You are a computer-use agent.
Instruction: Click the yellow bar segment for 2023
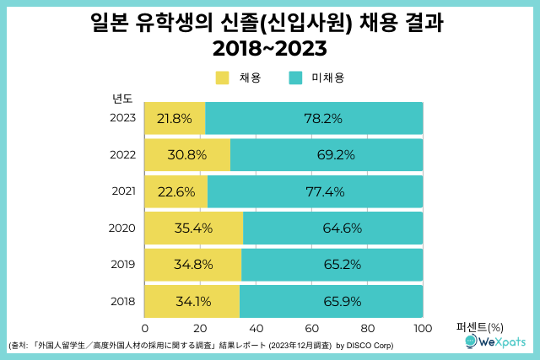click(x=175, y=119)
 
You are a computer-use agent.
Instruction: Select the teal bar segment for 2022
click(x=327, y=155)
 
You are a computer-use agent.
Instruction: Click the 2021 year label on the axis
click(x=124, y=191)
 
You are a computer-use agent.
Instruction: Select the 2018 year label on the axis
click(x=124, y=301)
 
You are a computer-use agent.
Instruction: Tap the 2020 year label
click(x=124, y=228)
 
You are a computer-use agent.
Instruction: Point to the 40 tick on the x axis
click(x=256, y=328)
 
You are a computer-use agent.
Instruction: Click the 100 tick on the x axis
click(x=423, y=328)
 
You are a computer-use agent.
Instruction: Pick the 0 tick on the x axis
click(x=145, y=328)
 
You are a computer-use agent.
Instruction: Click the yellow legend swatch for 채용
click(x=223, y=78)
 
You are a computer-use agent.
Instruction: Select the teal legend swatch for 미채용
click(x=295, y=78)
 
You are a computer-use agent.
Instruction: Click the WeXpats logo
click(x=494, y=341)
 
